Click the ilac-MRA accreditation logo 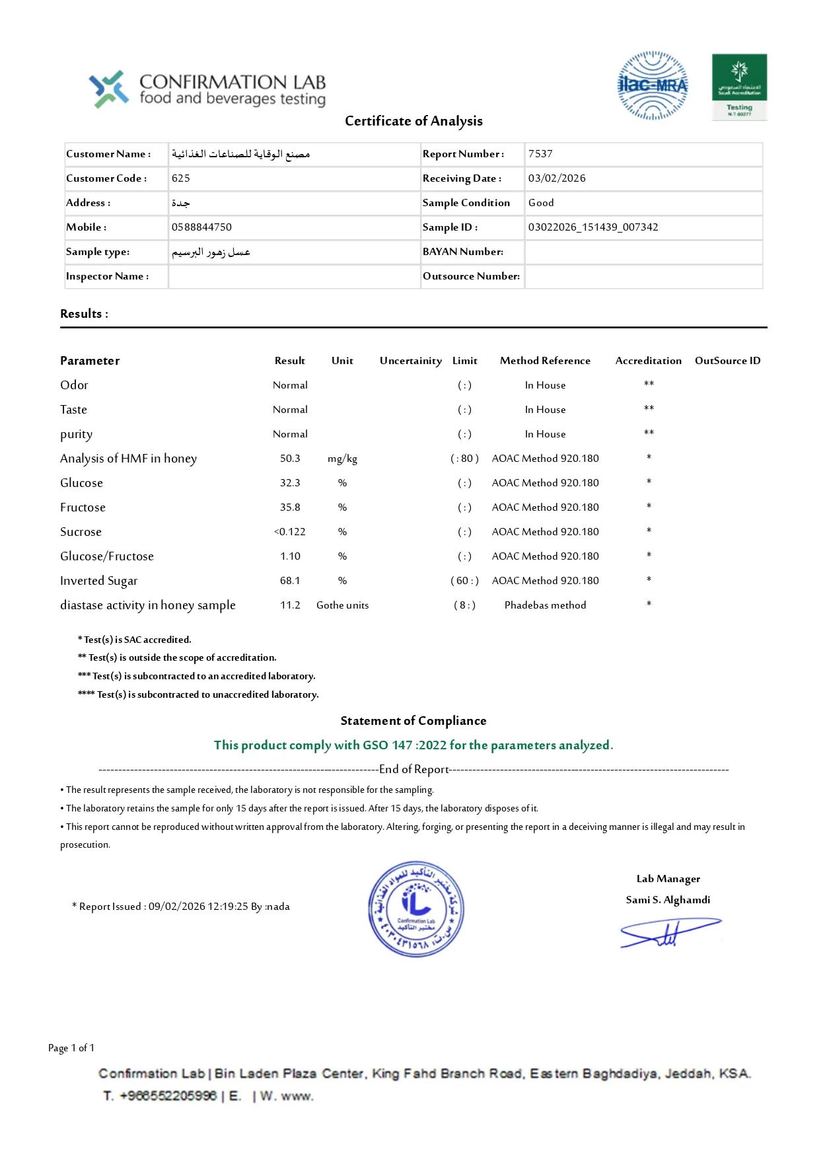653,86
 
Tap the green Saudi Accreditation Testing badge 739,87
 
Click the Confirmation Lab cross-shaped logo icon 109,89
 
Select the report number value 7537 540,154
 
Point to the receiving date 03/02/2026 557,178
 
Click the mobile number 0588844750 201,227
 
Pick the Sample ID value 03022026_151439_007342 593,227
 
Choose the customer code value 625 181,178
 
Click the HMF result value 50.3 290,459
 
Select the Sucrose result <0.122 290,532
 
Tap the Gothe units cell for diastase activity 342,605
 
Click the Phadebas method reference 545,605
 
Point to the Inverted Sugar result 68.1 290,581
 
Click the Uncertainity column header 410,361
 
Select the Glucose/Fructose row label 107,556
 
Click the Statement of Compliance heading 413,721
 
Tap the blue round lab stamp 416,909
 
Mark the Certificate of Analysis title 413,121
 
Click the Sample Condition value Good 541,203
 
